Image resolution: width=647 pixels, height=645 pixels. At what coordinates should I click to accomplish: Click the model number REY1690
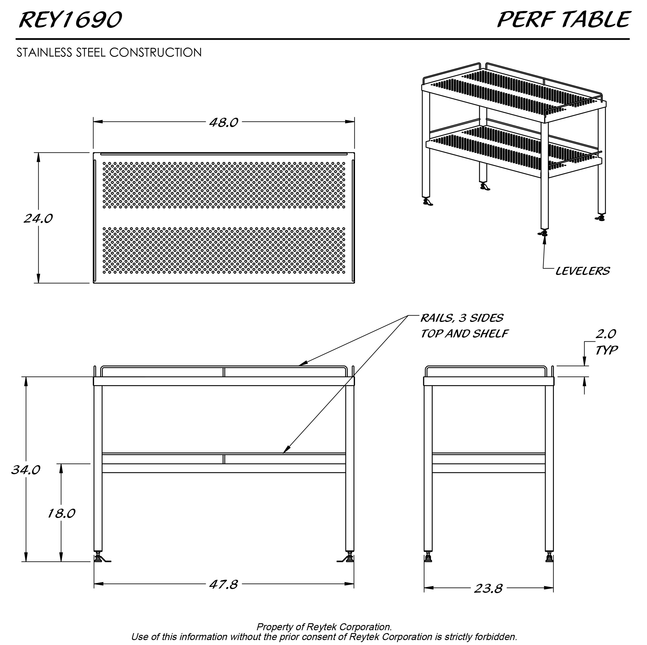click(x=70, y=20)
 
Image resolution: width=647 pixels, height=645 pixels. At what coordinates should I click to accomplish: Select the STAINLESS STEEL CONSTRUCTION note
click(x=109, y=52)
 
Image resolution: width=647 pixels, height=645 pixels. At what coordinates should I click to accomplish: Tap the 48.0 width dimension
click(x=224, y=122)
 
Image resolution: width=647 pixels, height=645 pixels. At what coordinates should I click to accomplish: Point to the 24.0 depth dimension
click(x=38, y=218)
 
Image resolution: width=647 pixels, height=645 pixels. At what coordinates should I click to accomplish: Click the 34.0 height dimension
click(x=26, y=470)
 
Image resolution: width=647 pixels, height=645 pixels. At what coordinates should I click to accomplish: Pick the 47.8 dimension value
click(x=224, y=584)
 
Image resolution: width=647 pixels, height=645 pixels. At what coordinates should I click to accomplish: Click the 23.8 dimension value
click(x=488, y=588)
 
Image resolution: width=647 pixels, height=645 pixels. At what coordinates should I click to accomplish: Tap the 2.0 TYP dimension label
click(x=606, y=342)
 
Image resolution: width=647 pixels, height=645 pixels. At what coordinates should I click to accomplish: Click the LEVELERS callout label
click(x=582, y=271)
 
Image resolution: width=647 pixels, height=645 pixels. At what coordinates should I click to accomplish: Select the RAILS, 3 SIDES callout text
click(x=462, y=318)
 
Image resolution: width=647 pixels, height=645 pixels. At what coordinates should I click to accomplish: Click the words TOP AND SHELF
click(x=464, y=334)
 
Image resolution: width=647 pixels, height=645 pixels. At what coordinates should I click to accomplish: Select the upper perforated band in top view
click(x=224, y=185)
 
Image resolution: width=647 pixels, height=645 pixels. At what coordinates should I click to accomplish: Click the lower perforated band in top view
click(x=224, y=250)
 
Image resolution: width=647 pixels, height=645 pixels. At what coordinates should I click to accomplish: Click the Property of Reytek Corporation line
click(x=324, y=627)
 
